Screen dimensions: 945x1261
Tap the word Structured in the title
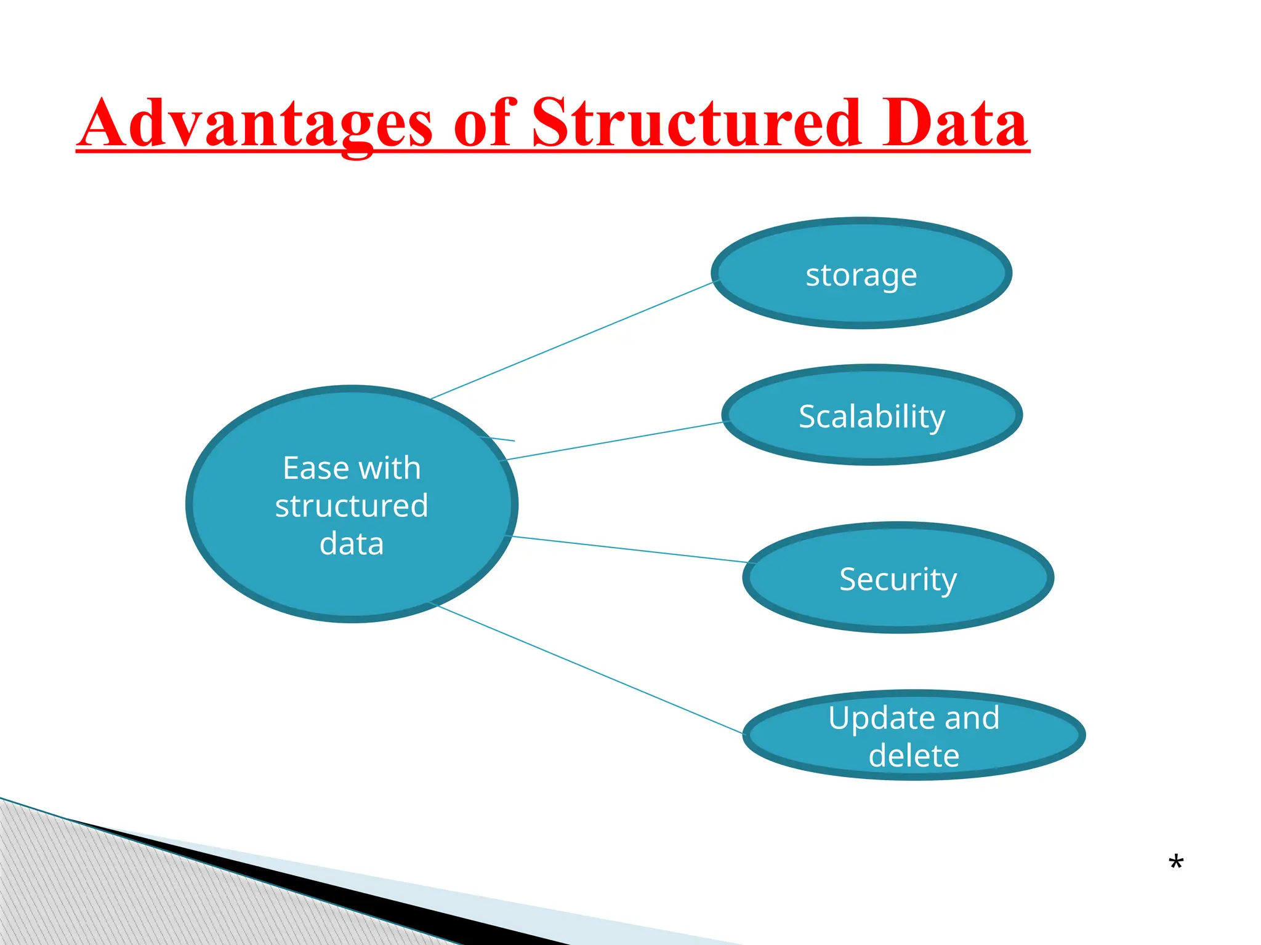[x=695, y=123]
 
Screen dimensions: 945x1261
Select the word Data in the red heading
[x=954, y=123]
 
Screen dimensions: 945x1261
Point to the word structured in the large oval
[x=352, y=506]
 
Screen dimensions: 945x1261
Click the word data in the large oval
[x=352, y=544]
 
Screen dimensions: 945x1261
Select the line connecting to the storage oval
[x=573, y=340]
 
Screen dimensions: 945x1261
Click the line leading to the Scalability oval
[x=616, y=441]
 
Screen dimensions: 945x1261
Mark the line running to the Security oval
[x=628, y=549]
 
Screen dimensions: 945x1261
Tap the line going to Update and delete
[x=591, y=669]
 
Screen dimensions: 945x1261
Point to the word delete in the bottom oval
[x=914, y=756]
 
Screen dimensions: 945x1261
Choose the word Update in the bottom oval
[x=870, y=718]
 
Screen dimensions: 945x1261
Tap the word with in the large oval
[x=390, y=468]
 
